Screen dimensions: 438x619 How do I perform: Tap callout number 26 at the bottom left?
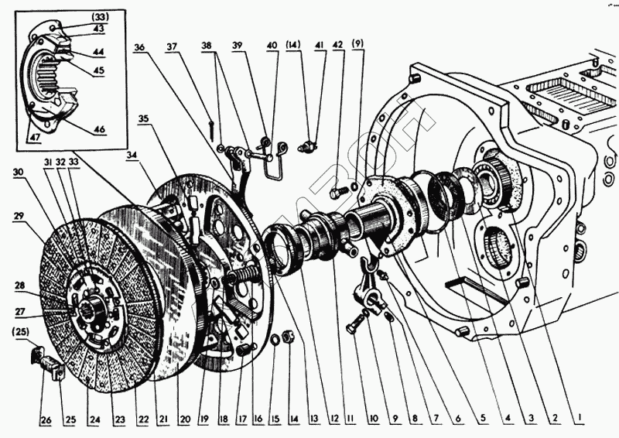click(46, 420)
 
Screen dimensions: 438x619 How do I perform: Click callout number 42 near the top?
click(337, 45)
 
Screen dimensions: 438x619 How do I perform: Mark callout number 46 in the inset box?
click(100, 128)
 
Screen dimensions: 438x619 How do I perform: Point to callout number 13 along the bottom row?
click(315, 420)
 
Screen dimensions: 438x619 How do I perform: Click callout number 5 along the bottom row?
click(480, 420)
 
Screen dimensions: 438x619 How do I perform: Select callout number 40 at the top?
click(272, 45)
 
